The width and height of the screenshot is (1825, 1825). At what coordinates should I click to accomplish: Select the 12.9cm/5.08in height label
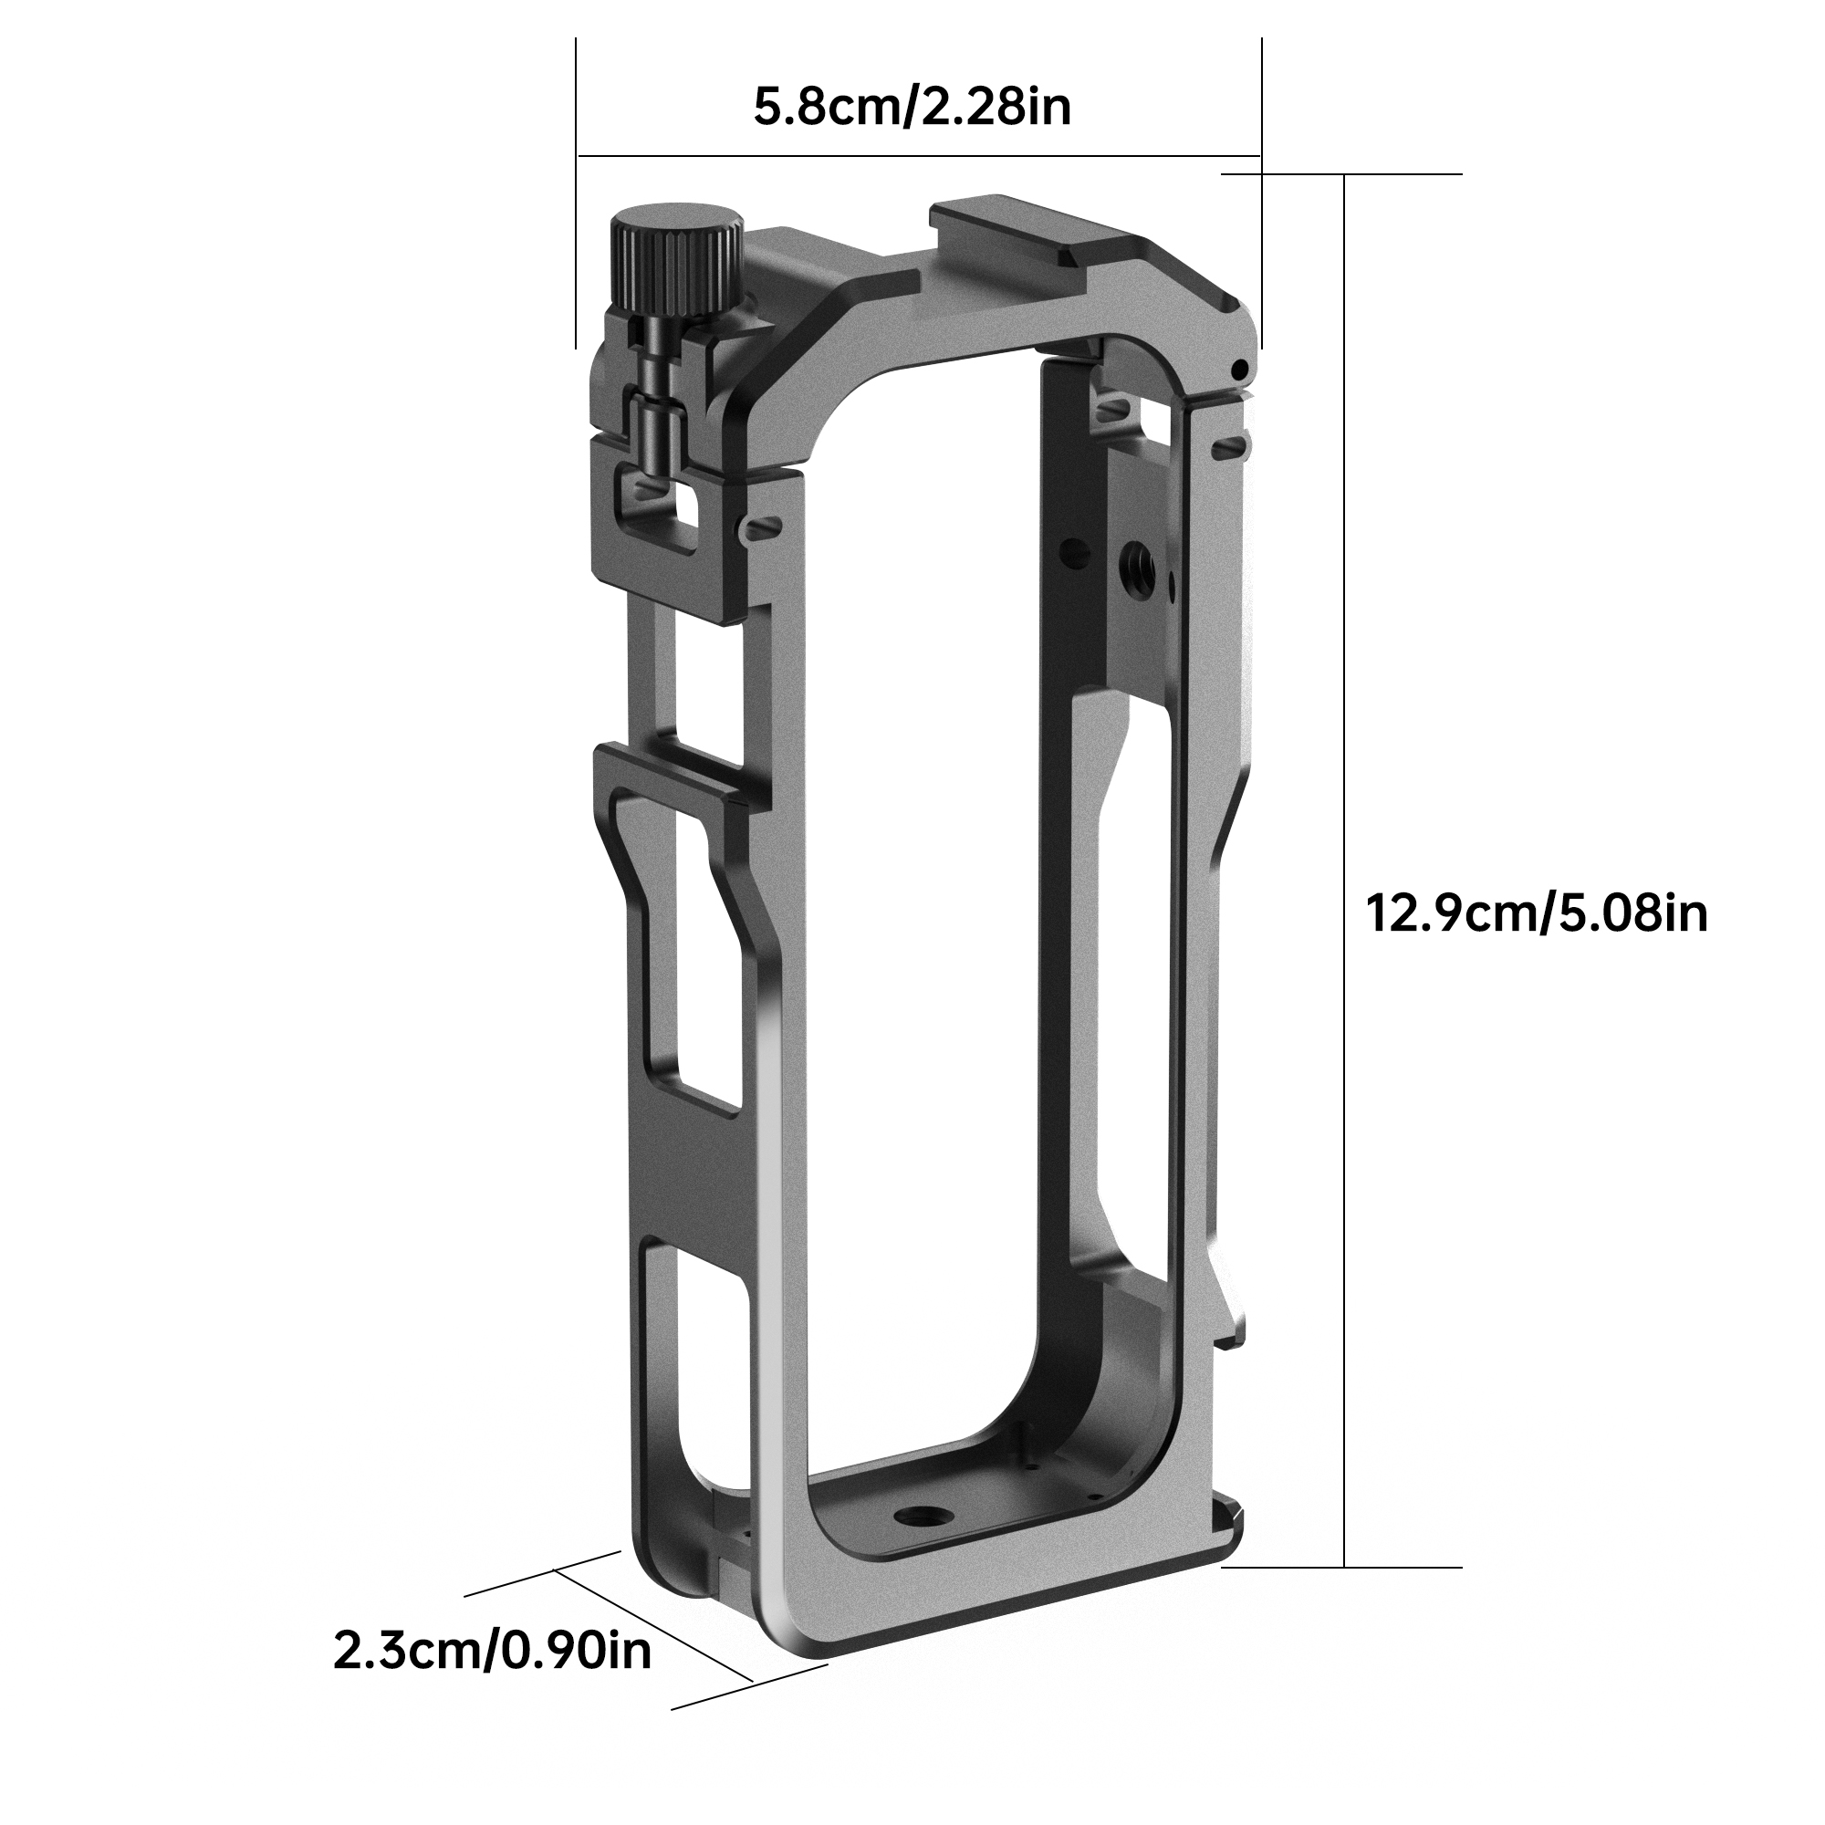tap(1537, 914)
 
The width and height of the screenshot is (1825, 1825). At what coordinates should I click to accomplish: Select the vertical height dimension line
tap(1344, 850)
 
